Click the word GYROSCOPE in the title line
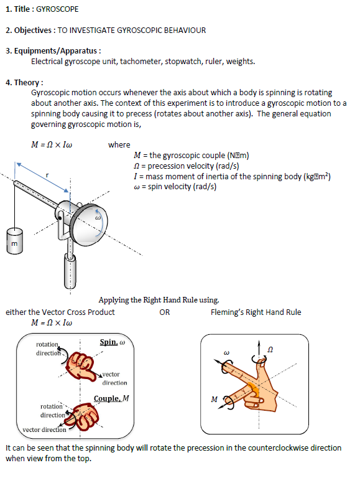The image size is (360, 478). pos(58,9)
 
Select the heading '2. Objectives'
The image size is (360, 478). pos(28,30)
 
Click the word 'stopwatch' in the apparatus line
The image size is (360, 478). pos(187,61)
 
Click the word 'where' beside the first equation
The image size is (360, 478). pos(119,145)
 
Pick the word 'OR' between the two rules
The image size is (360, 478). pos(164,312)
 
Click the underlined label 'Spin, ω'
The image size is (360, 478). pos(113,343)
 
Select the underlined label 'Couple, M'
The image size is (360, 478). pos(111,398)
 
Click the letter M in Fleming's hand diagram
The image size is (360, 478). pos(215,399)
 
